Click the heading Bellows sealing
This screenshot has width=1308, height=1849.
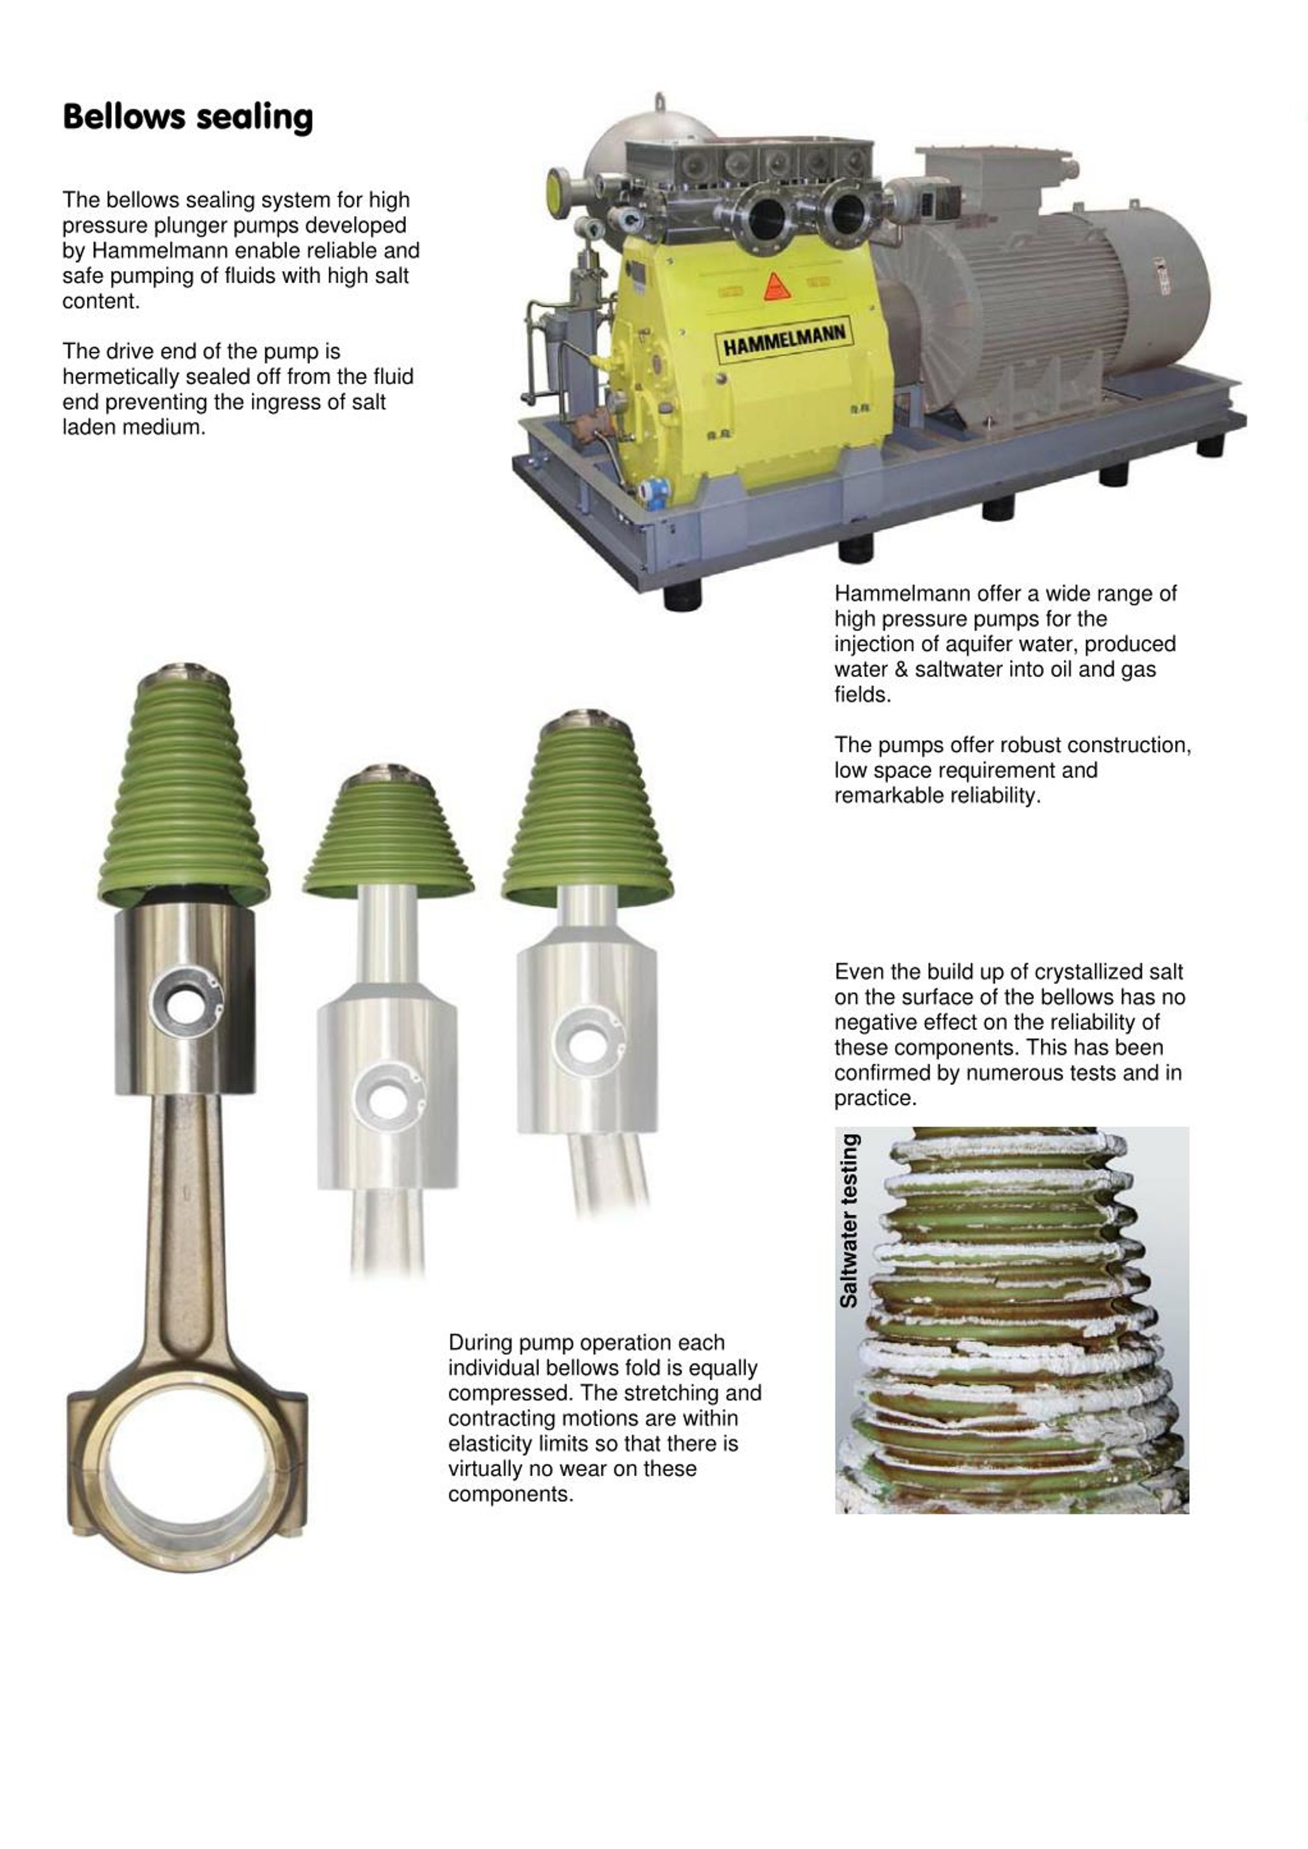[x=188, y=117]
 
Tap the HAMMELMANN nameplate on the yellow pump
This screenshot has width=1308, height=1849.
[x=784, y=341]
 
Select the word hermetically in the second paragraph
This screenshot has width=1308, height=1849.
[x=120, y=377]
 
